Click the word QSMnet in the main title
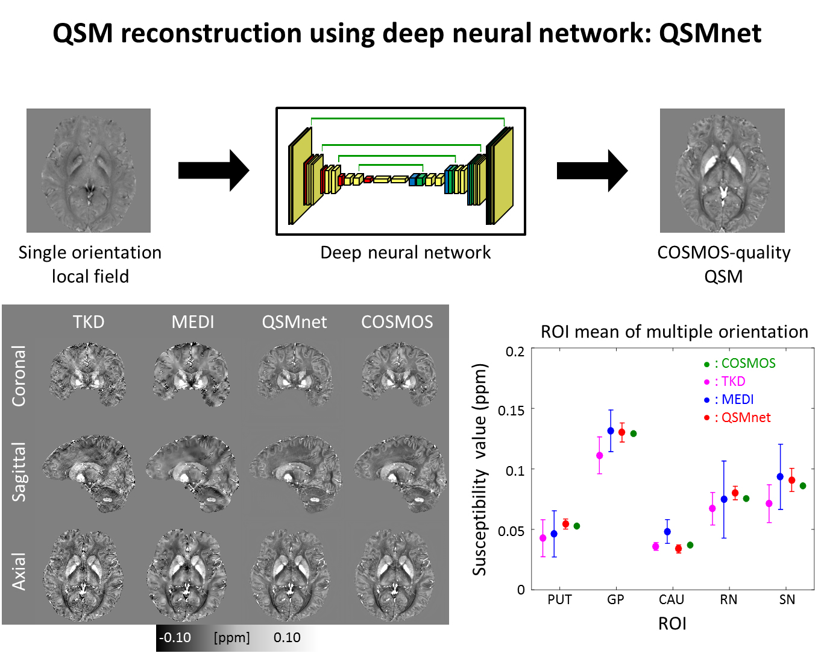(x=710, y=33)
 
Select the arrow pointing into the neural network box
(x=213, y=170)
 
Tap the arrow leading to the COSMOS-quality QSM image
(x=592, y=171)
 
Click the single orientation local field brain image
(x=89, y=171)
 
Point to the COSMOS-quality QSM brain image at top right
(x=722, y=171)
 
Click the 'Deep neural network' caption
(x=405, y=253)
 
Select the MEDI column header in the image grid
(x=193, y=322)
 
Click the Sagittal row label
(x=19, y=471)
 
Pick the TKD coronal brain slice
(x=88, y=374)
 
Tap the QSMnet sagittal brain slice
(x=295, y=473)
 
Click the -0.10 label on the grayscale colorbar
(x=175, y=637)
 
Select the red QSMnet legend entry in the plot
(x=737, y=417)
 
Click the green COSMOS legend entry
(x=740, y=363)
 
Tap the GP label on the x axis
(x=615, y=599)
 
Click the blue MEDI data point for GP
(x=611, y=431)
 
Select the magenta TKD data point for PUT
(x=543, y=538)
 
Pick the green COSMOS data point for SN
(x=803, y=486)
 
